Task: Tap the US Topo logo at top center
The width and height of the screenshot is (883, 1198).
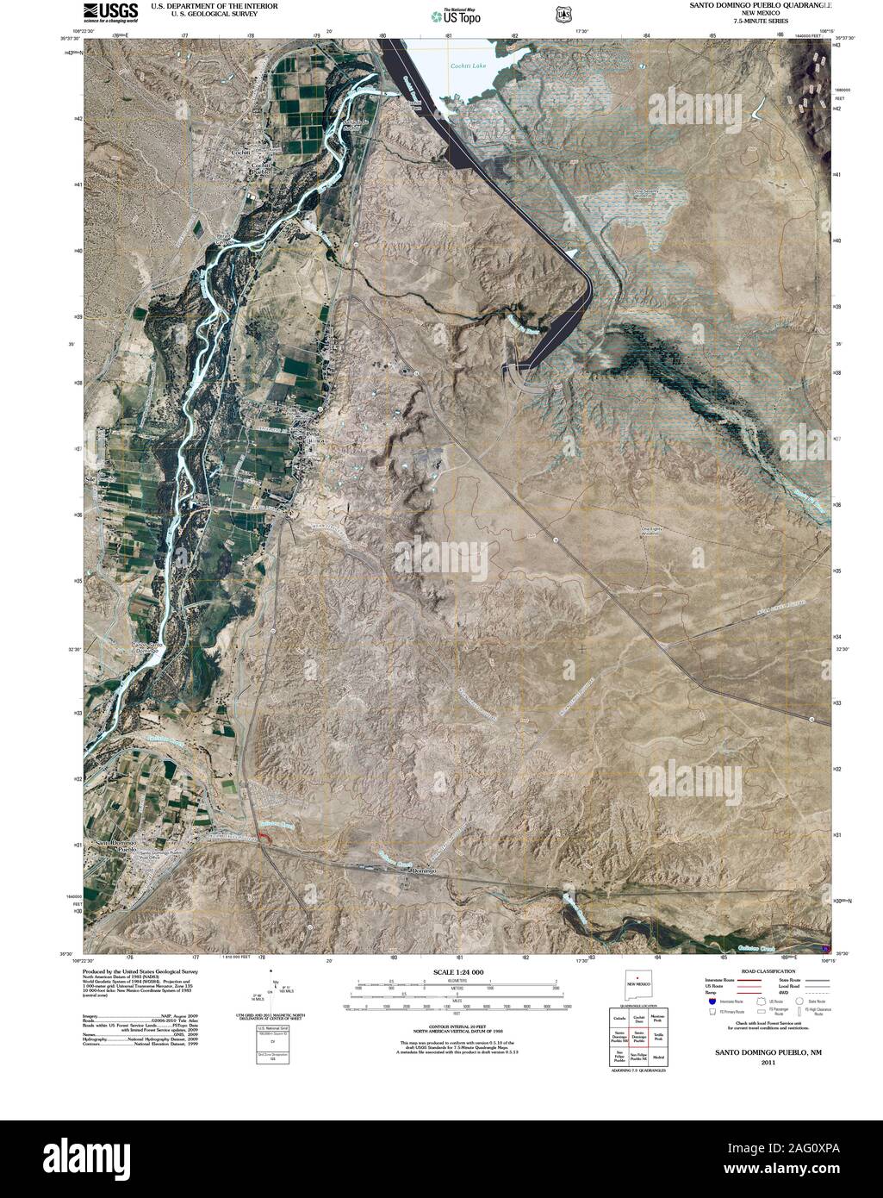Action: [x=456, y=15]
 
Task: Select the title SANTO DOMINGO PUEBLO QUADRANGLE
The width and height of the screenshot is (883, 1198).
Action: [x=760, y=4]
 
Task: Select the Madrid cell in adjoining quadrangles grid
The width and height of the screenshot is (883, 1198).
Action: [x=658, y=1057]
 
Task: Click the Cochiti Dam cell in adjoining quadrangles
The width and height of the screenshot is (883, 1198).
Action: [x=638, y=1019]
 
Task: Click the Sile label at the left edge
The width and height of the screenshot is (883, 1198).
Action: [x=89, y=476]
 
